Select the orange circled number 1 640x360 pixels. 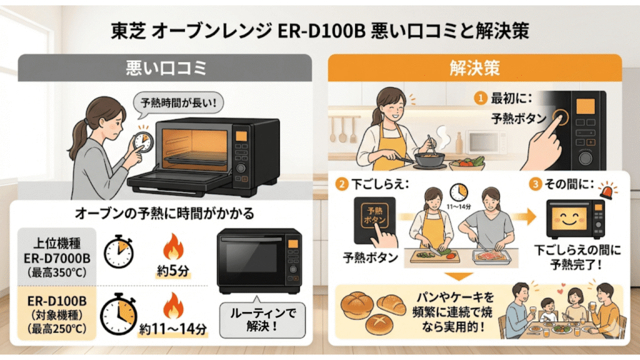point(481,98)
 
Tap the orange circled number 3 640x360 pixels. point(533,184)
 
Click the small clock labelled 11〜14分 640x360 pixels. point(459,189)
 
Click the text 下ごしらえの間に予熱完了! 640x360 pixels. point(575,256)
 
